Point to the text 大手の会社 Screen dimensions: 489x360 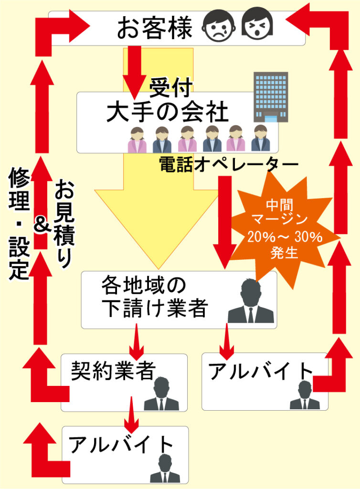pyautogui.click(x=168, y=113)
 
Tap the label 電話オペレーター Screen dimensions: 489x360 pyautogui.click(x=228, y=164)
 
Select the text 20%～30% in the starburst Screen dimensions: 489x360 pyautogui.click(x=285, y=237)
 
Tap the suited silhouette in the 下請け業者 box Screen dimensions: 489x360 pyautogui.click(x=251, y=302)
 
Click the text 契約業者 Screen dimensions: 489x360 pyautogui.click(x=113, y=369)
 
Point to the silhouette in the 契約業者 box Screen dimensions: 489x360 pyautogui.click(x=161, y=394)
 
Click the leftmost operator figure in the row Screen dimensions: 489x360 pyautogui.click(x=138, y=139)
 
